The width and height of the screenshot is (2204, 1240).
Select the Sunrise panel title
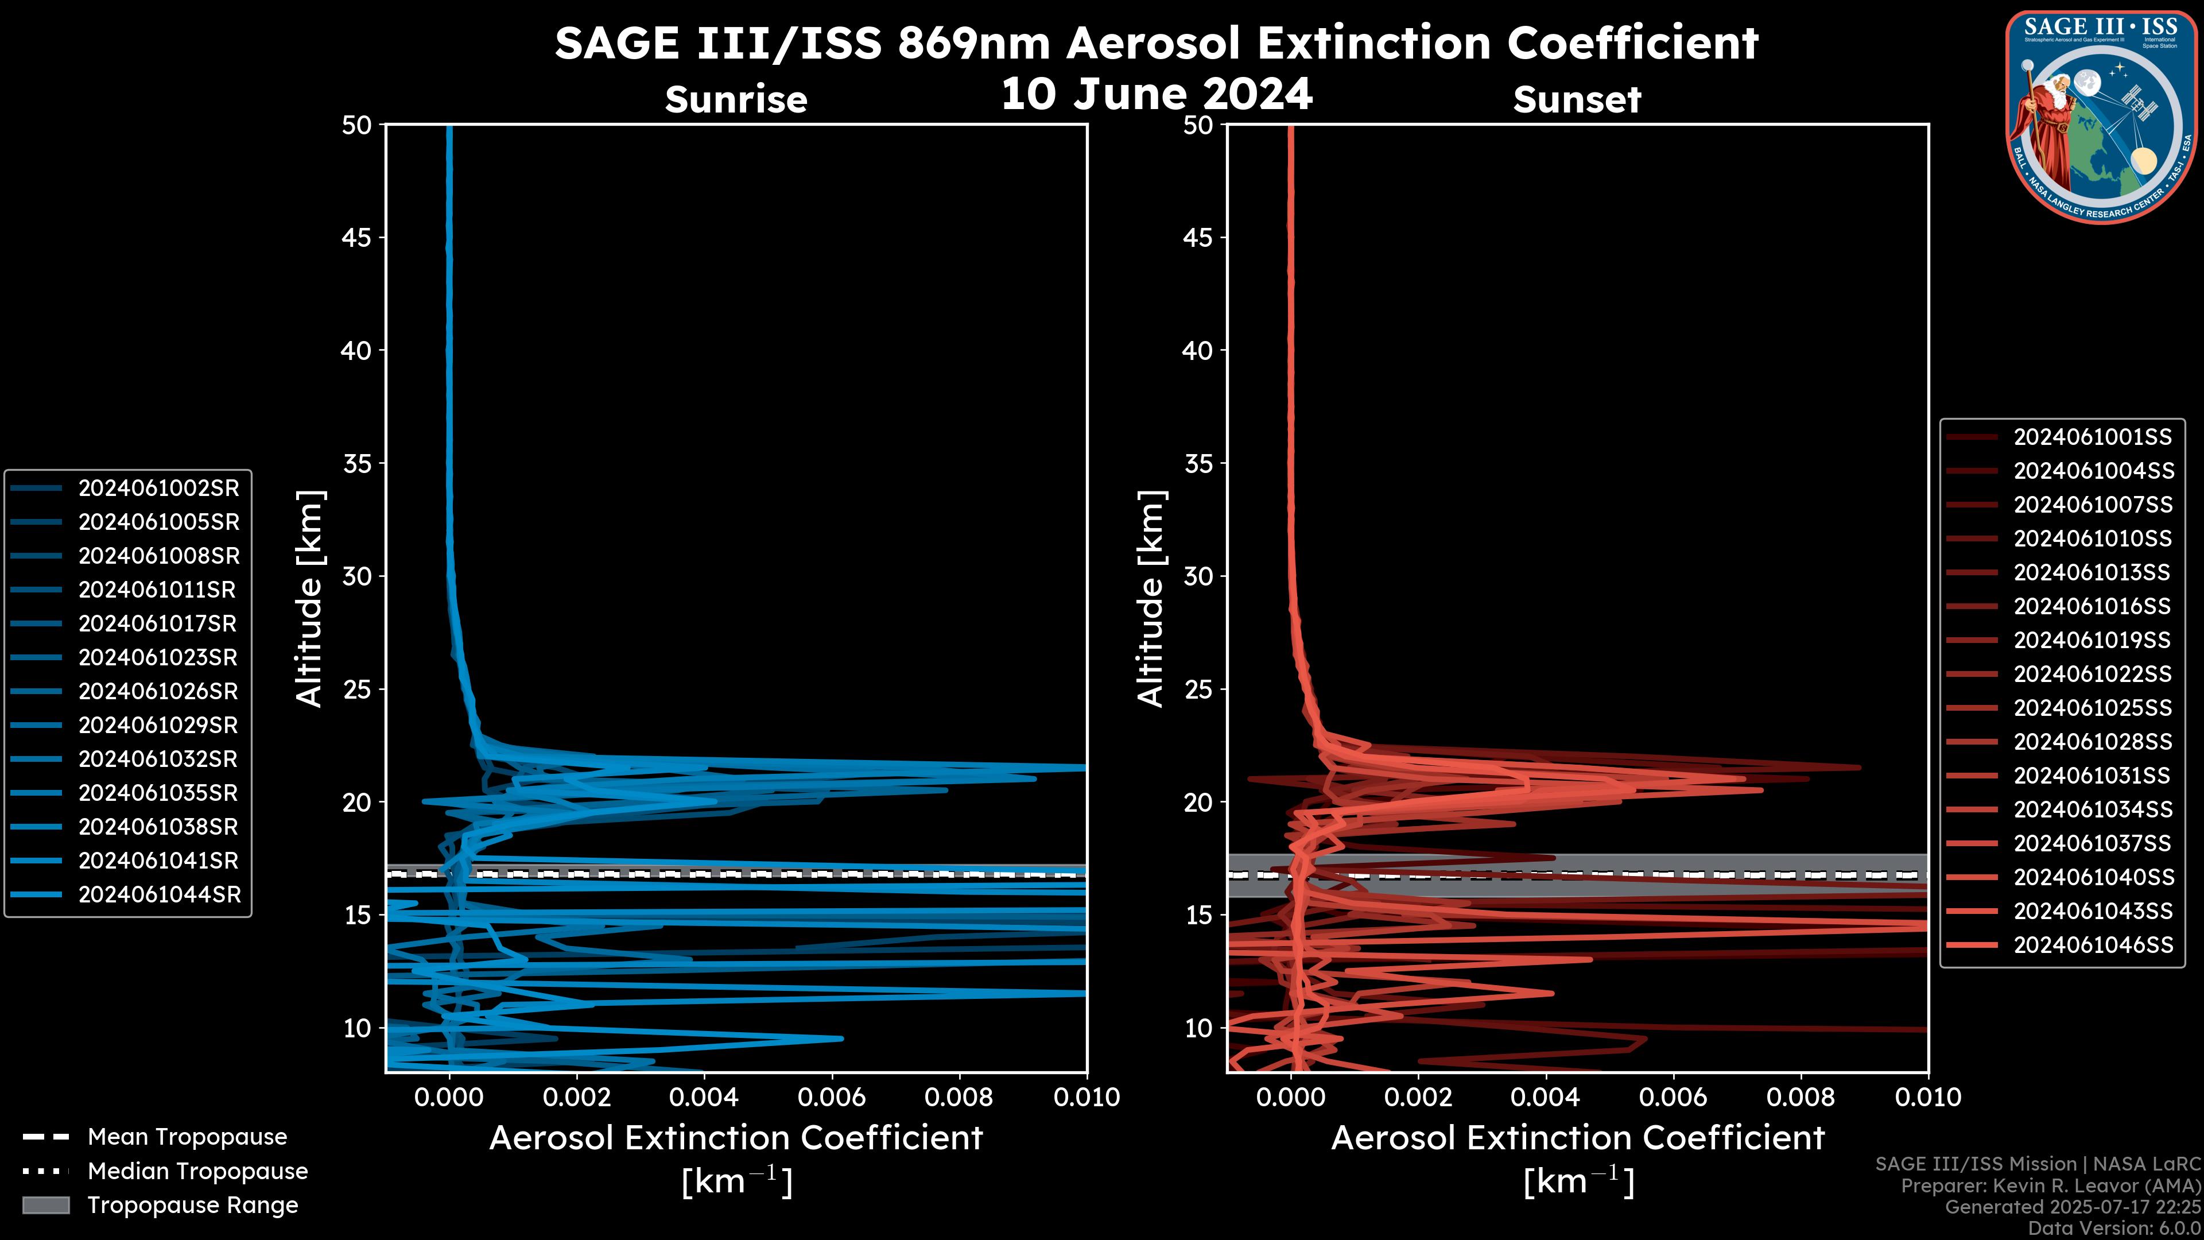736,99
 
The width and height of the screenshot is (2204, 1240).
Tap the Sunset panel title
1577,99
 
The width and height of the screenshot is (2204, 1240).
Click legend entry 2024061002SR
158,489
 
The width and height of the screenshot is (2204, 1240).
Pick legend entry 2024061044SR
158,895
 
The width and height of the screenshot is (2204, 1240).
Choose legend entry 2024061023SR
158,658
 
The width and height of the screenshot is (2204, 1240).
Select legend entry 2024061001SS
2092,437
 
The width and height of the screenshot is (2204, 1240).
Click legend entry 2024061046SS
2093,945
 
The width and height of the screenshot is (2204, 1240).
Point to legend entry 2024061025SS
2092,708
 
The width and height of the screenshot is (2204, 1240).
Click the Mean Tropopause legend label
187,1137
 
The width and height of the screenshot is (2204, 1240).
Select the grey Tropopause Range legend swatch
46,1206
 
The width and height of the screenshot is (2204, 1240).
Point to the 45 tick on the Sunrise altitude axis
357,238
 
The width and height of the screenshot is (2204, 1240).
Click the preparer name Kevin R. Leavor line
2050,1186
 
